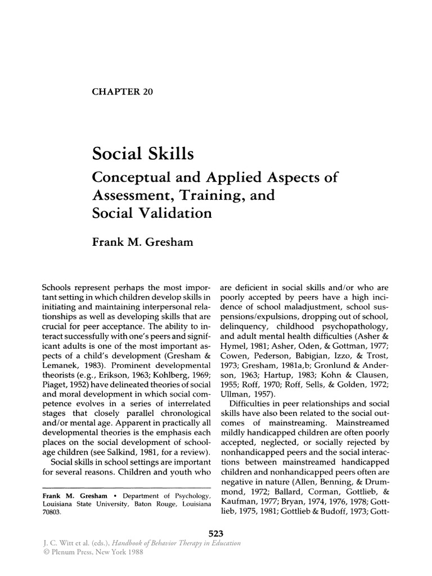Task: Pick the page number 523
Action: [216, 534]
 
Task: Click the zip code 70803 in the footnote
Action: [54, 514]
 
